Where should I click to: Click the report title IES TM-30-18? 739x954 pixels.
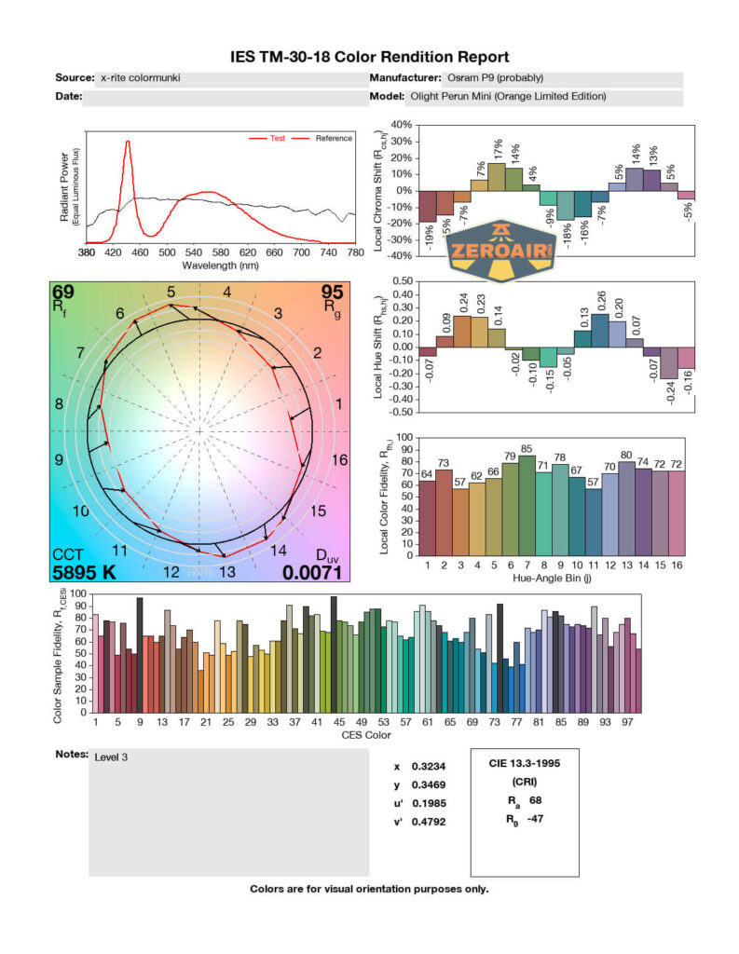pyautogui.click(x=369, y=57)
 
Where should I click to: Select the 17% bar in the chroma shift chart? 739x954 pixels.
pyautogui.click(x=496, y=177)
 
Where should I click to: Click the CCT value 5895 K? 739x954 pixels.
pyautogui.click(x=84, y=572)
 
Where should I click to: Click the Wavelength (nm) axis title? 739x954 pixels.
pyautogui.click(x=220, y=266)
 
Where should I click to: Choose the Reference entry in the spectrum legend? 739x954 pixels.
pyautogui.click(x=334, y=139)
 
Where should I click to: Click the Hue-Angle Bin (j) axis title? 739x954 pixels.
pyautogui.click(x=555, y=578)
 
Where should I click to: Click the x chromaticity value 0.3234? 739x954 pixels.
pyautogui.click(x=427, y=767)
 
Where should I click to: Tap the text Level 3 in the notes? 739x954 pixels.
pyautogui.click(x=111, y=757)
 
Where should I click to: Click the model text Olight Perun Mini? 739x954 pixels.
pyautogui.click(x=508, y=96)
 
